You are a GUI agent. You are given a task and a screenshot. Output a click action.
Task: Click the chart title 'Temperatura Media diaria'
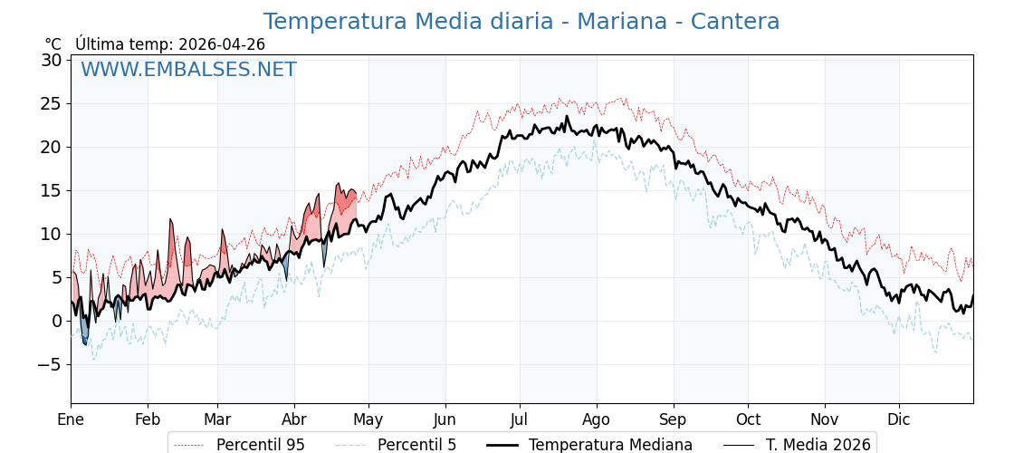[412, 22]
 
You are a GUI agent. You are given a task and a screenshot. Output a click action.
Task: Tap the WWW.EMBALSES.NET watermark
[188, 70]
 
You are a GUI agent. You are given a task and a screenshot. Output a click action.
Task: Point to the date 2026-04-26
[222, 44]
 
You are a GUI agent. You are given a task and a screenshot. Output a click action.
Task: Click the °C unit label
[53, 44]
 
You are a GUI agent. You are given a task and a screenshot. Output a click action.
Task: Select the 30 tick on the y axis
[51, 61]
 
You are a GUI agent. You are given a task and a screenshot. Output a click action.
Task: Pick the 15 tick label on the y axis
[51, 190]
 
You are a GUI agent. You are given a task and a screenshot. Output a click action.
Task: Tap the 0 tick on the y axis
[56, 321]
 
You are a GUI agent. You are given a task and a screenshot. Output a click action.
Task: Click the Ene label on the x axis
[71, 419]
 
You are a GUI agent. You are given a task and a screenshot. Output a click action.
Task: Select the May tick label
[368, 419]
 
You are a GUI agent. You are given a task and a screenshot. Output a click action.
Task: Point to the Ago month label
[597, 419]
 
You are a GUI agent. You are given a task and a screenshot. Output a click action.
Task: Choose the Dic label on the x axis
[899, 419]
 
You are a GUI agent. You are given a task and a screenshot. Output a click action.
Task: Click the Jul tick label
[520, 419]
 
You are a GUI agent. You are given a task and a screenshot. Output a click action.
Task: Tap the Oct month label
[748, 419]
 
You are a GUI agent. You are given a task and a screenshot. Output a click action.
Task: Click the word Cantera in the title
[734, 22]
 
